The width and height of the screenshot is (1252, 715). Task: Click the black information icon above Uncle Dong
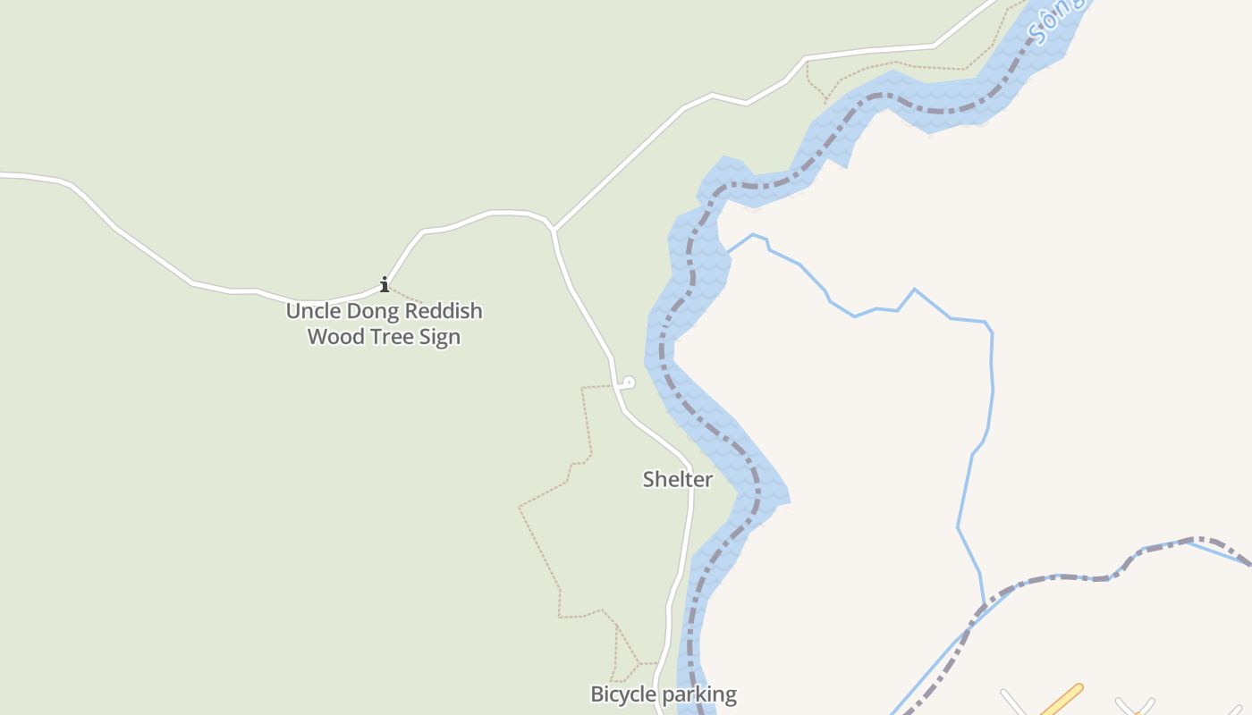coord(385,285)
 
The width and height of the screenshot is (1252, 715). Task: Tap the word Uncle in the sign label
coord(312,311)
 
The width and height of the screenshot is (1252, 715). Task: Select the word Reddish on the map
coord(444,311)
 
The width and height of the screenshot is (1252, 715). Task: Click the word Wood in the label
coord(333,337)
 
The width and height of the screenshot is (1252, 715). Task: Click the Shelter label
coord(678,479)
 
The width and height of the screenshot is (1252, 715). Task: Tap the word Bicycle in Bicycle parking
coord(622,694)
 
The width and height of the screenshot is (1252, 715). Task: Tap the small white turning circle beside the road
coord(629,383)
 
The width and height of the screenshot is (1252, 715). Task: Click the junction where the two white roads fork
coord(554,231)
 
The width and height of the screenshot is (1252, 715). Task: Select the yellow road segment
coord(1062,699)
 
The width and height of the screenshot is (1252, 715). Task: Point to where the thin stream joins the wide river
coord(728,252)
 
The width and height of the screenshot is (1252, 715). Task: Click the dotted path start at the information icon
coord(392,290)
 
